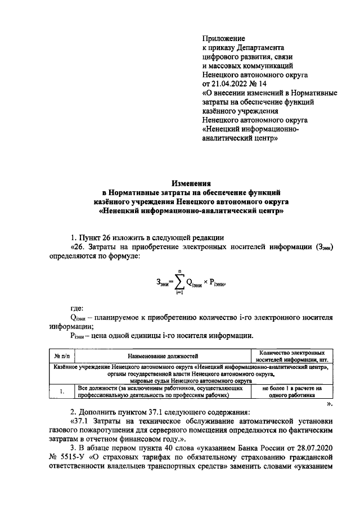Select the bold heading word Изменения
(x=191, y=183)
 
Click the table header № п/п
(x=61, y=356)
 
